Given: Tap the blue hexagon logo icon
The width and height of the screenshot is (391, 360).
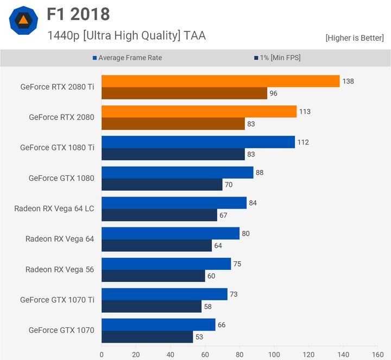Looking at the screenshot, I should (23, 21).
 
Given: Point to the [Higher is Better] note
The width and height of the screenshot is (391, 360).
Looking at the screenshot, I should (354, 38).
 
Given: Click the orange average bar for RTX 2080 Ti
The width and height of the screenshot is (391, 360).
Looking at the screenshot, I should (220, 81).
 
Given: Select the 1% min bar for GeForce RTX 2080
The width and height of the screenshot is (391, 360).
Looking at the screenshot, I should (173, 124).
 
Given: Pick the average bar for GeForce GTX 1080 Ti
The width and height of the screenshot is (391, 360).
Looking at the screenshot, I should (198, 142).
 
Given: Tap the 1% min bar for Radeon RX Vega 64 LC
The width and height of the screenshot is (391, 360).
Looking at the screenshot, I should (159, 215).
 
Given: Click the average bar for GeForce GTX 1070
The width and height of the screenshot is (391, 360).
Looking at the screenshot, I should (158, 325).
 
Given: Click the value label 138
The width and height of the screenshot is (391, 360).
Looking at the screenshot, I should (348, 81).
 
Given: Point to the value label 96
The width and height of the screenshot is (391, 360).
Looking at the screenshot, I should (273, 93).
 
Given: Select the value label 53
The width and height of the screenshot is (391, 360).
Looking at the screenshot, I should (199, 337).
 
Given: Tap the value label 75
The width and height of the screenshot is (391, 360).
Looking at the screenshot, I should (237, 264).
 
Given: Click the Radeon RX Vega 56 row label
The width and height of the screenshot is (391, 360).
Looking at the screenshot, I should (60, 269).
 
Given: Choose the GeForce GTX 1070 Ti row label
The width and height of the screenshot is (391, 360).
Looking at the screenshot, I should (57, 300).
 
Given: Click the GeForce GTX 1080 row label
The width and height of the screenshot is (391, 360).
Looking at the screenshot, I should (61, 178).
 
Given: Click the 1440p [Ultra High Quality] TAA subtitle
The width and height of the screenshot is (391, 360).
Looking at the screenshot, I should (127, 36).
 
